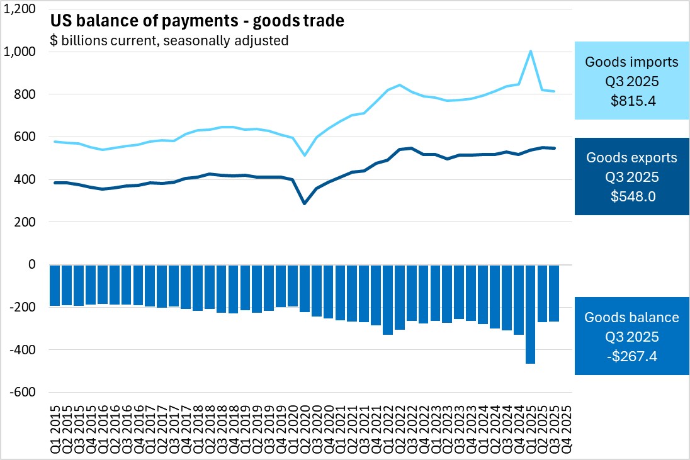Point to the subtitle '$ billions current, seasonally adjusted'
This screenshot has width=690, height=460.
(169, 41)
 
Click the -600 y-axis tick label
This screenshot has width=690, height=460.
(25, 392)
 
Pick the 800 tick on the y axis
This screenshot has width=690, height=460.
(26, 94)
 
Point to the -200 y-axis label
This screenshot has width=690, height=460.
(25, 307)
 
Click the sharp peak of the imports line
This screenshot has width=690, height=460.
(531, 51)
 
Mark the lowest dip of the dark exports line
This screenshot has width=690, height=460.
(305, 203)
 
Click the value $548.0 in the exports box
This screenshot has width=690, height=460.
(631, 196)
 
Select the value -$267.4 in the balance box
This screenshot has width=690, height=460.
(631, 357)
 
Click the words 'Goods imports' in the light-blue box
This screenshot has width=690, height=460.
(631, 62)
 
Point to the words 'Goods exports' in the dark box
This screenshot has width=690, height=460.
(631, 158)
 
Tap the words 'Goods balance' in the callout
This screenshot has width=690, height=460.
(631, 318)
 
